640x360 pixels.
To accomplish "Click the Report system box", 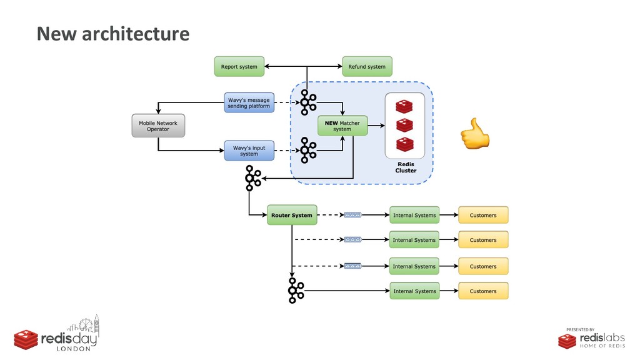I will click(x=239, y=66).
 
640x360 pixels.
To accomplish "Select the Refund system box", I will click(x=367, y=66).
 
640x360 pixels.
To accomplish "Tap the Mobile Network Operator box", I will click(x=157, y=126).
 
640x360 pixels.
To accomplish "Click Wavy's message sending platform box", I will click(x=249, y=102).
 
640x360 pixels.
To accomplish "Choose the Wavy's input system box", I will click(x=249, y=151).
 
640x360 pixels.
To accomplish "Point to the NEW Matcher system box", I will click(x=342, y=126).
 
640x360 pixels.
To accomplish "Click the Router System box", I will click(x=292, y=215).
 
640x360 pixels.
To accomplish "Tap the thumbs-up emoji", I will click(x=474, y=132).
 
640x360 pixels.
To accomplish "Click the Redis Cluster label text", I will click(x=406, y=167).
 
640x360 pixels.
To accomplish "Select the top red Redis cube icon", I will click(x=405, y=106).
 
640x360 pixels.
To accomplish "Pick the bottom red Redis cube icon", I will click(x=405, y=146).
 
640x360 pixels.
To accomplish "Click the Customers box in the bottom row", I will click(x=483, y=291).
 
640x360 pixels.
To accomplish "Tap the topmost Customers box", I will click(x=483, y=215).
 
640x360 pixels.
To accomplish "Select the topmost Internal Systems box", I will click(x=414, y=215).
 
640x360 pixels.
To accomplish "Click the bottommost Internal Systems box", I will click(x=414, y=291).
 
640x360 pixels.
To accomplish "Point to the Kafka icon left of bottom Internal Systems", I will click(x=296, y=291).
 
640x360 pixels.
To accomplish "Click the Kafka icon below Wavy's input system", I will click(x=252, y=179).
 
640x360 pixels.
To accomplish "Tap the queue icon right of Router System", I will click(x=352, y=215).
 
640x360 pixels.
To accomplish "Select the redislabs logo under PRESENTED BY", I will click(x=591, y=340).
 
